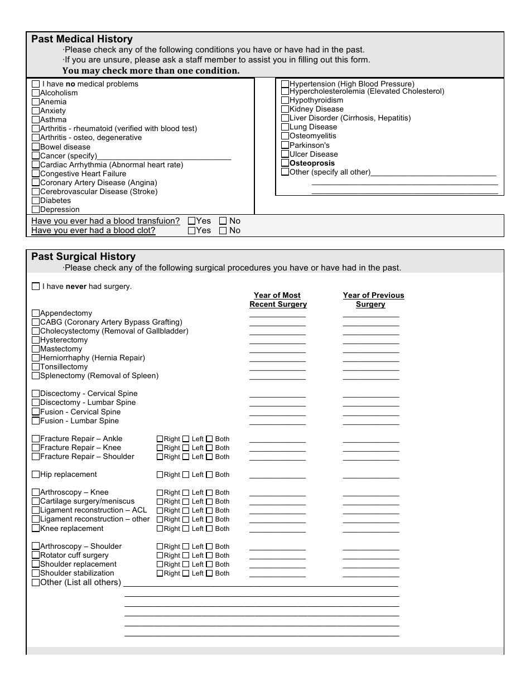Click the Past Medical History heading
click(82, 39)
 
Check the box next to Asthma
click(36, 120)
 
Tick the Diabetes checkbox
click(36, 201)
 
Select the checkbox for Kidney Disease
click(285, 109)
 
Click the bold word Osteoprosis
click(312, 163)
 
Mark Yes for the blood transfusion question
click(192, 221)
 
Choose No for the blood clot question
click(223, 230)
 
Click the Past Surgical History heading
click(83, 257)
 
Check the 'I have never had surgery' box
click(36, 287)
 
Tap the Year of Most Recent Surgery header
click(278, 300)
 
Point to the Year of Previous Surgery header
click(373, 300)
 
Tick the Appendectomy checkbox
click(36, 313)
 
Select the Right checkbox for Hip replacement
click(160, 475)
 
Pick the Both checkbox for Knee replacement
click(210, 529)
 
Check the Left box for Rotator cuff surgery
click(186, 555)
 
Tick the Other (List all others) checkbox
click(36, 583)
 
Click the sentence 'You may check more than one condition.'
click(151, 71)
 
